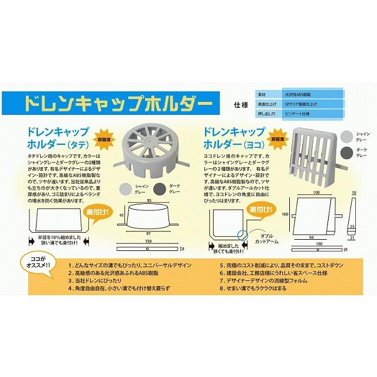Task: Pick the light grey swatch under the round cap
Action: pos(125,188)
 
